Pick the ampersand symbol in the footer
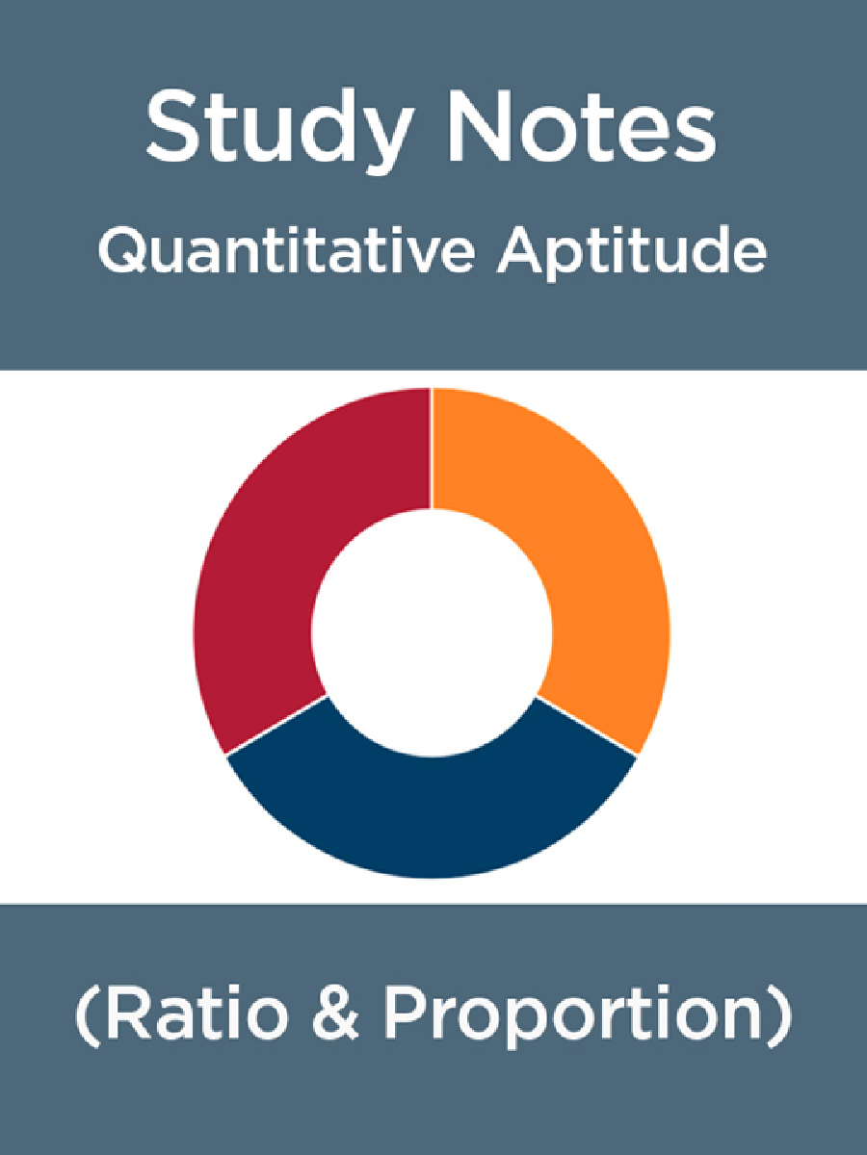pyautogui.click(x=336, y=1018)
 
